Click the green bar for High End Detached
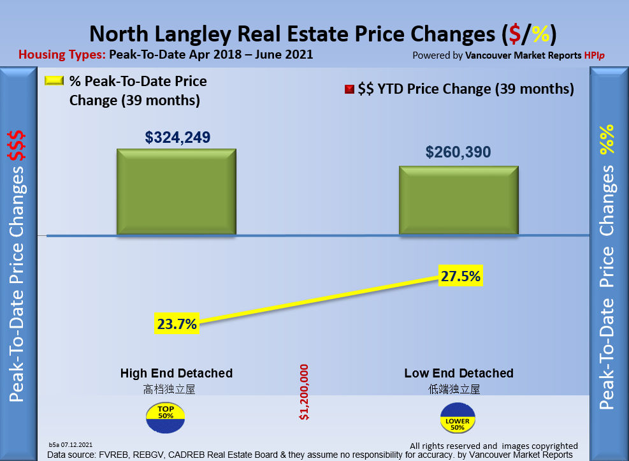[x=176, y=192]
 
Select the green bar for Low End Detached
[x=458, y=200]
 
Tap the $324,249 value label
[x=178, y=137]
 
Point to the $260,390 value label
[x=458, y=153]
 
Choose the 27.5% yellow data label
[x=459, y=276]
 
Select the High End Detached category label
[x=177, y=373]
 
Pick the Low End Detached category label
[x=459, y=373]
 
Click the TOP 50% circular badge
[x=166, y=417]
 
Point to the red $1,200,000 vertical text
[x=304, y=392]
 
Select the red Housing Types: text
[x=61, y=55]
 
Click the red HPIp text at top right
[x=594, y=55]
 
